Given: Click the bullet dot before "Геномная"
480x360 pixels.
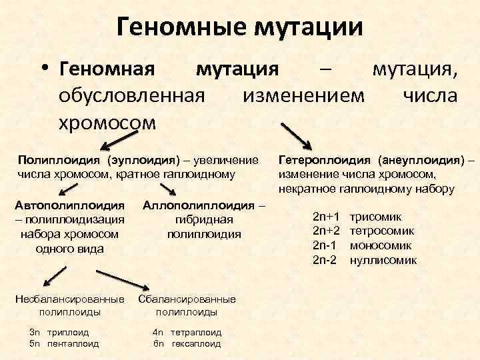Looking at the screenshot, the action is tap(45, 69).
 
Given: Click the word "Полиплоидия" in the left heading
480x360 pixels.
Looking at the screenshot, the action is tap(59, 161).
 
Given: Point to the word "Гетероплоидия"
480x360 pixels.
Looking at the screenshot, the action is tap(325, 161).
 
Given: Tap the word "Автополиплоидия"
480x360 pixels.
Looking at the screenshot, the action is tap(69, 204).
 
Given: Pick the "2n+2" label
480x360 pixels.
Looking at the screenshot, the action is tap(327, 231).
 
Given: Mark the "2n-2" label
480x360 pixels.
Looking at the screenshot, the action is tap(326, 260).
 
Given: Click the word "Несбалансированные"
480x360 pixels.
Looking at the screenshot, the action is tap(70, 299).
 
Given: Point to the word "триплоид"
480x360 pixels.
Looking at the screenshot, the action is tap(69, 331).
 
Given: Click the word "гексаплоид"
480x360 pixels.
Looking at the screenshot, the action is tap(196, 344).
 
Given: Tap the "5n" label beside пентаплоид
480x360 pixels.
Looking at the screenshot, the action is tap(35, 344).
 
